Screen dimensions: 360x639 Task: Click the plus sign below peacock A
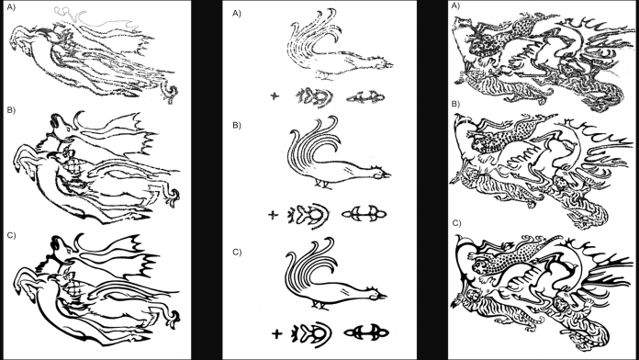coord(275,96)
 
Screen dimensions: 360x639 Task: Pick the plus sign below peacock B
coord(273,215)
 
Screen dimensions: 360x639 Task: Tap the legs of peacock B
coord(321,183)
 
